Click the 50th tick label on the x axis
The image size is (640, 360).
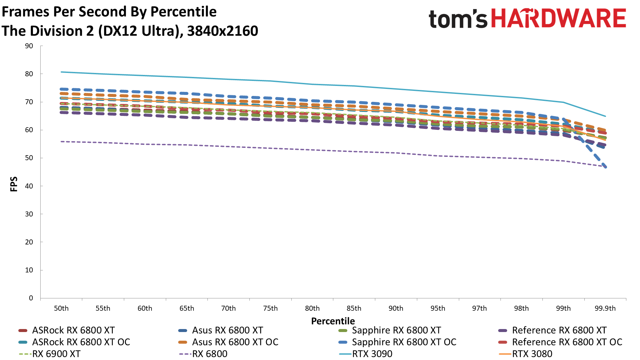click(61, 308)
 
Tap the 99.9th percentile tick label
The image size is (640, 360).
click(605, 308)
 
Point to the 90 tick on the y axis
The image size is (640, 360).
click(29, 46)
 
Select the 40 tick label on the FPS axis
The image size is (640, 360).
click(29, 186)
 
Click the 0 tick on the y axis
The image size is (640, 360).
click(31, 298)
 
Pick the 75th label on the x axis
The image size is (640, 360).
click(270, 308)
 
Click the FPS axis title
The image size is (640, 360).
click(14, 184)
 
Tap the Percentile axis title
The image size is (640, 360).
click(333, 321)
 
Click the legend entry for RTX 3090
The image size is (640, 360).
click(372, 354)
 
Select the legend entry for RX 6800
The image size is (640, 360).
click(209, 354)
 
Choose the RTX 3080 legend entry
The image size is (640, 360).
click(532, 354)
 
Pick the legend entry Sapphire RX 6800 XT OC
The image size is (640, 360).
click(404, 342)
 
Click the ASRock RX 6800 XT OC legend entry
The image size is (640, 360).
click(81, 342)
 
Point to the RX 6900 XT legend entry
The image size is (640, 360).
click(56, 354)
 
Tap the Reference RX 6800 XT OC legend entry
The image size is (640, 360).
click(567, 342)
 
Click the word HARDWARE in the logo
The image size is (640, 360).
click(559, 19)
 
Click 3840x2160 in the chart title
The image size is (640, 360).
click(222, 31)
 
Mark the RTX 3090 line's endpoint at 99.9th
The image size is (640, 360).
click(605, 116)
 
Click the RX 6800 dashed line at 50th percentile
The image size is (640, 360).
click(62, 142)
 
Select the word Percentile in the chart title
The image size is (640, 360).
click(183, 12)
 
